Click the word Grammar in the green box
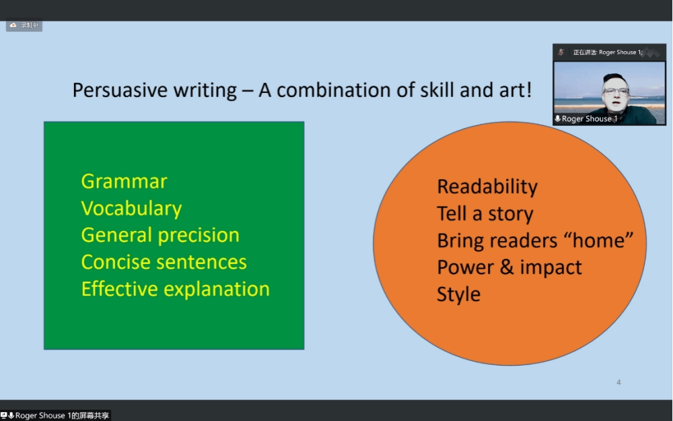click(124, 182)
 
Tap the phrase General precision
click(160, 236)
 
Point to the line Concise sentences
click(164, 262)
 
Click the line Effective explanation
click(176, 289)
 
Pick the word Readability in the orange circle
click(487, 187)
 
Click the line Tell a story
click(485, 214)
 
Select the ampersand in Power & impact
click(507, 267)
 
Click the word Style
click(458, 295)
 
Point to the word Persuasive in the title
click(120, 90)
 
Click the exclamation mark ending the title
click(529, 90)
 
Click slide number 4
click(618, 383)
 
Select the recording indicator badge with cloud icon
click(24, 26)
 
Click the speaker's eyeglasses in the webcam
click(616, 91)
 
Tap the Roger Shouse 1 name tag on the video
click(586, 119)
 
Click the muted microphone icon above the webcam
click(561, 53)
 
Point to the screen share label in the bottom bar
click(55, 416)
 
